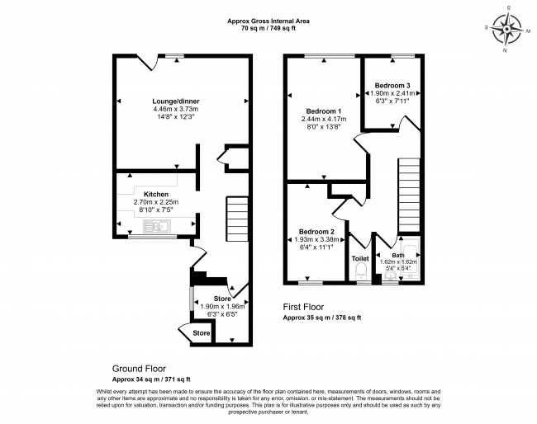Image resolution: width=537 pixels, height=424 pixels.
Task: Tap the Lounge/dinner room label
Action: pyautogui.click(x=176, y=101)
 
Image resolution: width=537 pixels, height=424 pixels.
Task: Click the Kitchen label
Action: pyautogui.click(x=156, y=194)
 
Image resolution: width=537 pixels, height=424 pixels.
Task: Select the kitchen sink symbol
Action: pyautogui.click(x=157, y=226)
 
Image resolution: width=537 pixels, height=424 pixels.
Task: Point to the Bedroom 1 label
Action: pyautogui.click(x=324, y=111)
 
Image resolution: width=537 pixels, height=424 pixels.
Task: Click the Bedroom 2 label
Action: pyautogui.click(x=316, y=232)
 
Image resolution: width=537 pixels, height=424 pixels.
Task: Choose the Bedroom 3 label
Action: pyautogui.click(x=392, y=85)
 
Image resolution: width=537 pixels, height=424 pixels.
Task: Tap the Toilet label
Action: pyautogui.click(x=360, y=258)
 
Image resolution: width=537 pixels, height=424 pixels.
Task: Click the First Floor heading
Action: pyautogui.click(x=303, y=307)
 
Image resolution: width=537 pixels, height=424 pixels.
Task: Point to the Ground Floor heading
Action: pyautogui.click(x=139, y=369)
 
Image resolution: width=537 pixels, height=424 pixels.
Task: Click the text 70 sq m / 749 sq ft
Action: pyautogui.click(x=268, y=28)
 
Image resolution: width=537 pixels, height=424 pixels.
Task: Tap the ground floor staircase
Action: pyautogui.click(x=236, y=219)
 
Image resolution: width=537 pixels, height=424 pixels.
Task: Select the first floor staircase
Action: pyautogui.click(x=409, y=195)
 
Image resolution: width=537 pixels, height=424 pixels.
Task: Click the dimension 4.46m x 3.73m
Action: pyautogui.click(x=176, y=109)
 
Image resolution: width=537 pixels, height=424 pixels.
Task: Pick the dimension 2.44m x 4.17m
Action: pyautogui.click(x=324, y=119)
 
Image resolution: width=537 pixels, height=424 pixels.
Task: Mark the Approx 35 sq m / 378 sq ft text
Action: pyautogui.click(x=322, y=318)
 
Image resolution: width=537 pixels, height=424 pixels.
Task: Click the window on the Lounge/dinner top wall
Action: pyautogui.click(x=174, y=56)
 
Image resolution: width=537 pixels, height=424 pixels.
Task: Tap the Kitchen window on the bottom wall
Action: pyautogui.click(x=153, y=236)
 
